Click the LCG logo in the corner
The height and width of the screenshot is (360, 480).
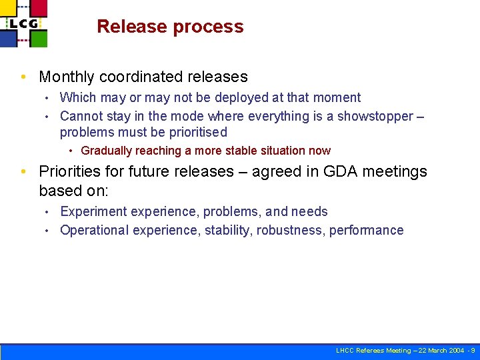24,23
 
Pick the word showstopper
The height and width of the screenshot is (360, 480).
375,116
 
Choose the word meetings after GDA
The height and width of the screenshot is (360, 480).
396,171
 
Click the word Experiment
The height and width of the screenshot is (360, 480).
93,211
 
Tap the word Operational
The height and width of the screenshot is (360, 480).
94,230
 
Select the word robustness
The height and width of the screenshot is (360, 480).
291,230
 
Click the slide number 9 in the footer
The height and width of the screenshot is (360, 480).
472,351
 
